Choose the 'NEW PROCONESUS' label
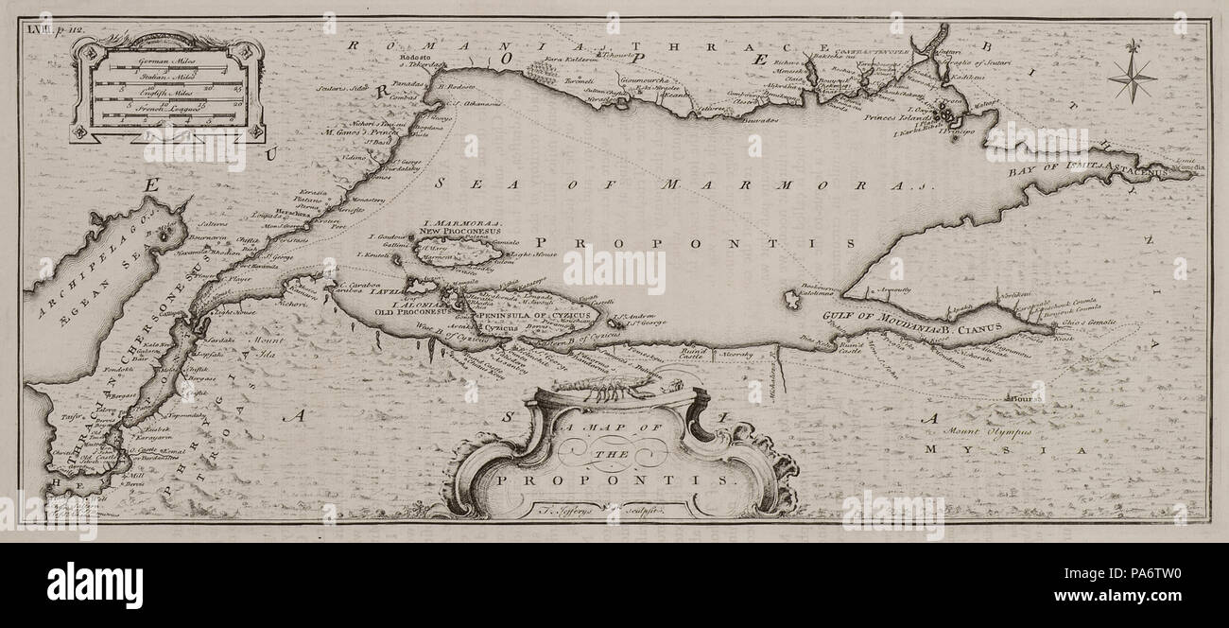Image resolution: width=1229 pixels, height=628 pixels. [x=459, y=231]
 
